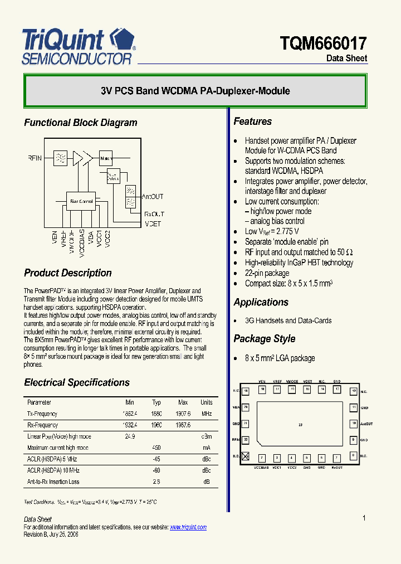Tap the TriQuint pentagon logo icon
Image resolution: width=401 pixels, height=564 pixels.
(121, 40)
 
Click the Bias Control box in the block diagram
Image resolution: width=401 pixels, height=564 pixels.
(80, 201)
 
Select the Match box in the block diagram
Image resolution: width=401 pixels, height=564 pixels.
(106, 158)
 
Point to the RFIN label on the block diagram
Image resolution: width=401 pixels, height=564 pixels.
(35, 158)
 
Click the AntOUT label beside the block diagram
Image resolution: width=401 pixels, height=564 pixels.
(153, 197)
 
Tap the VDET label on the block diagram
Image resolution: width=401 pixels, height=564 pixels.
(153, 223)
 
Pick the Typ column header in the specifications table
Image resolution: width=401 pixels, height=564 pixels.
(157, 402)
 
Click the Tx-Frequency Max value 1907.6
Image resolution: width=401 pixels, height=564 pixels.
(184, 414)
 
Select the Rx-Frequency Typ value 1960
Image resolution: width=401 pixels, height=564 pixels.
(157, 425)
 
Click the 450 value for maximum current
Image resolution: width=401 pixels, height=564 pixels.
(157, 448)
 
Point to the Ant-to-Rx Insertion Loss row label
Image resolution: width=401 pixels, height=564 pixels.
(53, 482)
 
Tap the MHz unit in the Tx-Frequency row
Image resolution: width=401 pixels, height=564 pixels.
(207, 414)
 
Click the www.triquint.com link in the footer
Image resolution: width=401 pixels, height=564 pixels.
(188, 527)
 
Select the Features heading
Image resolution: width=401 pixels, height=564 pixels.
(252, 121)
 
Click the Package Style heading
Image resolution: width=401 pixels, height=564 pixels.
(264, 339)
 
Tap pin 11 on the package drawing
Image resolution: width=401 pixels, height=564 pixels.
(353, 407)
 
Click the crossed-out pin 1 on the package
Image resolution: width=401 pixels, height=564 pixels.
(246, 456)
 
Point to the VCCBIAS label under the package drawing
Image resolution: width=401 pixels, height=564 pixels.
(261, 466)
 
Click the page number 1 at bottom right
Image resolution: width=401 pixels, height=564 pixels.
(364, 518)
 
